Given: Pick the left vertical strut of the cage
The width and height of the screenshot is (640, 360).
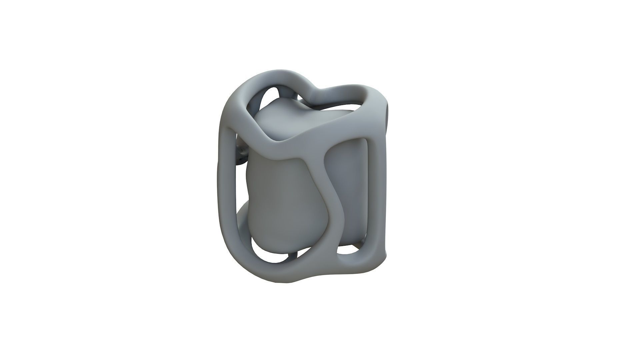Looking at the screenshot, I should (227, 187).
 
